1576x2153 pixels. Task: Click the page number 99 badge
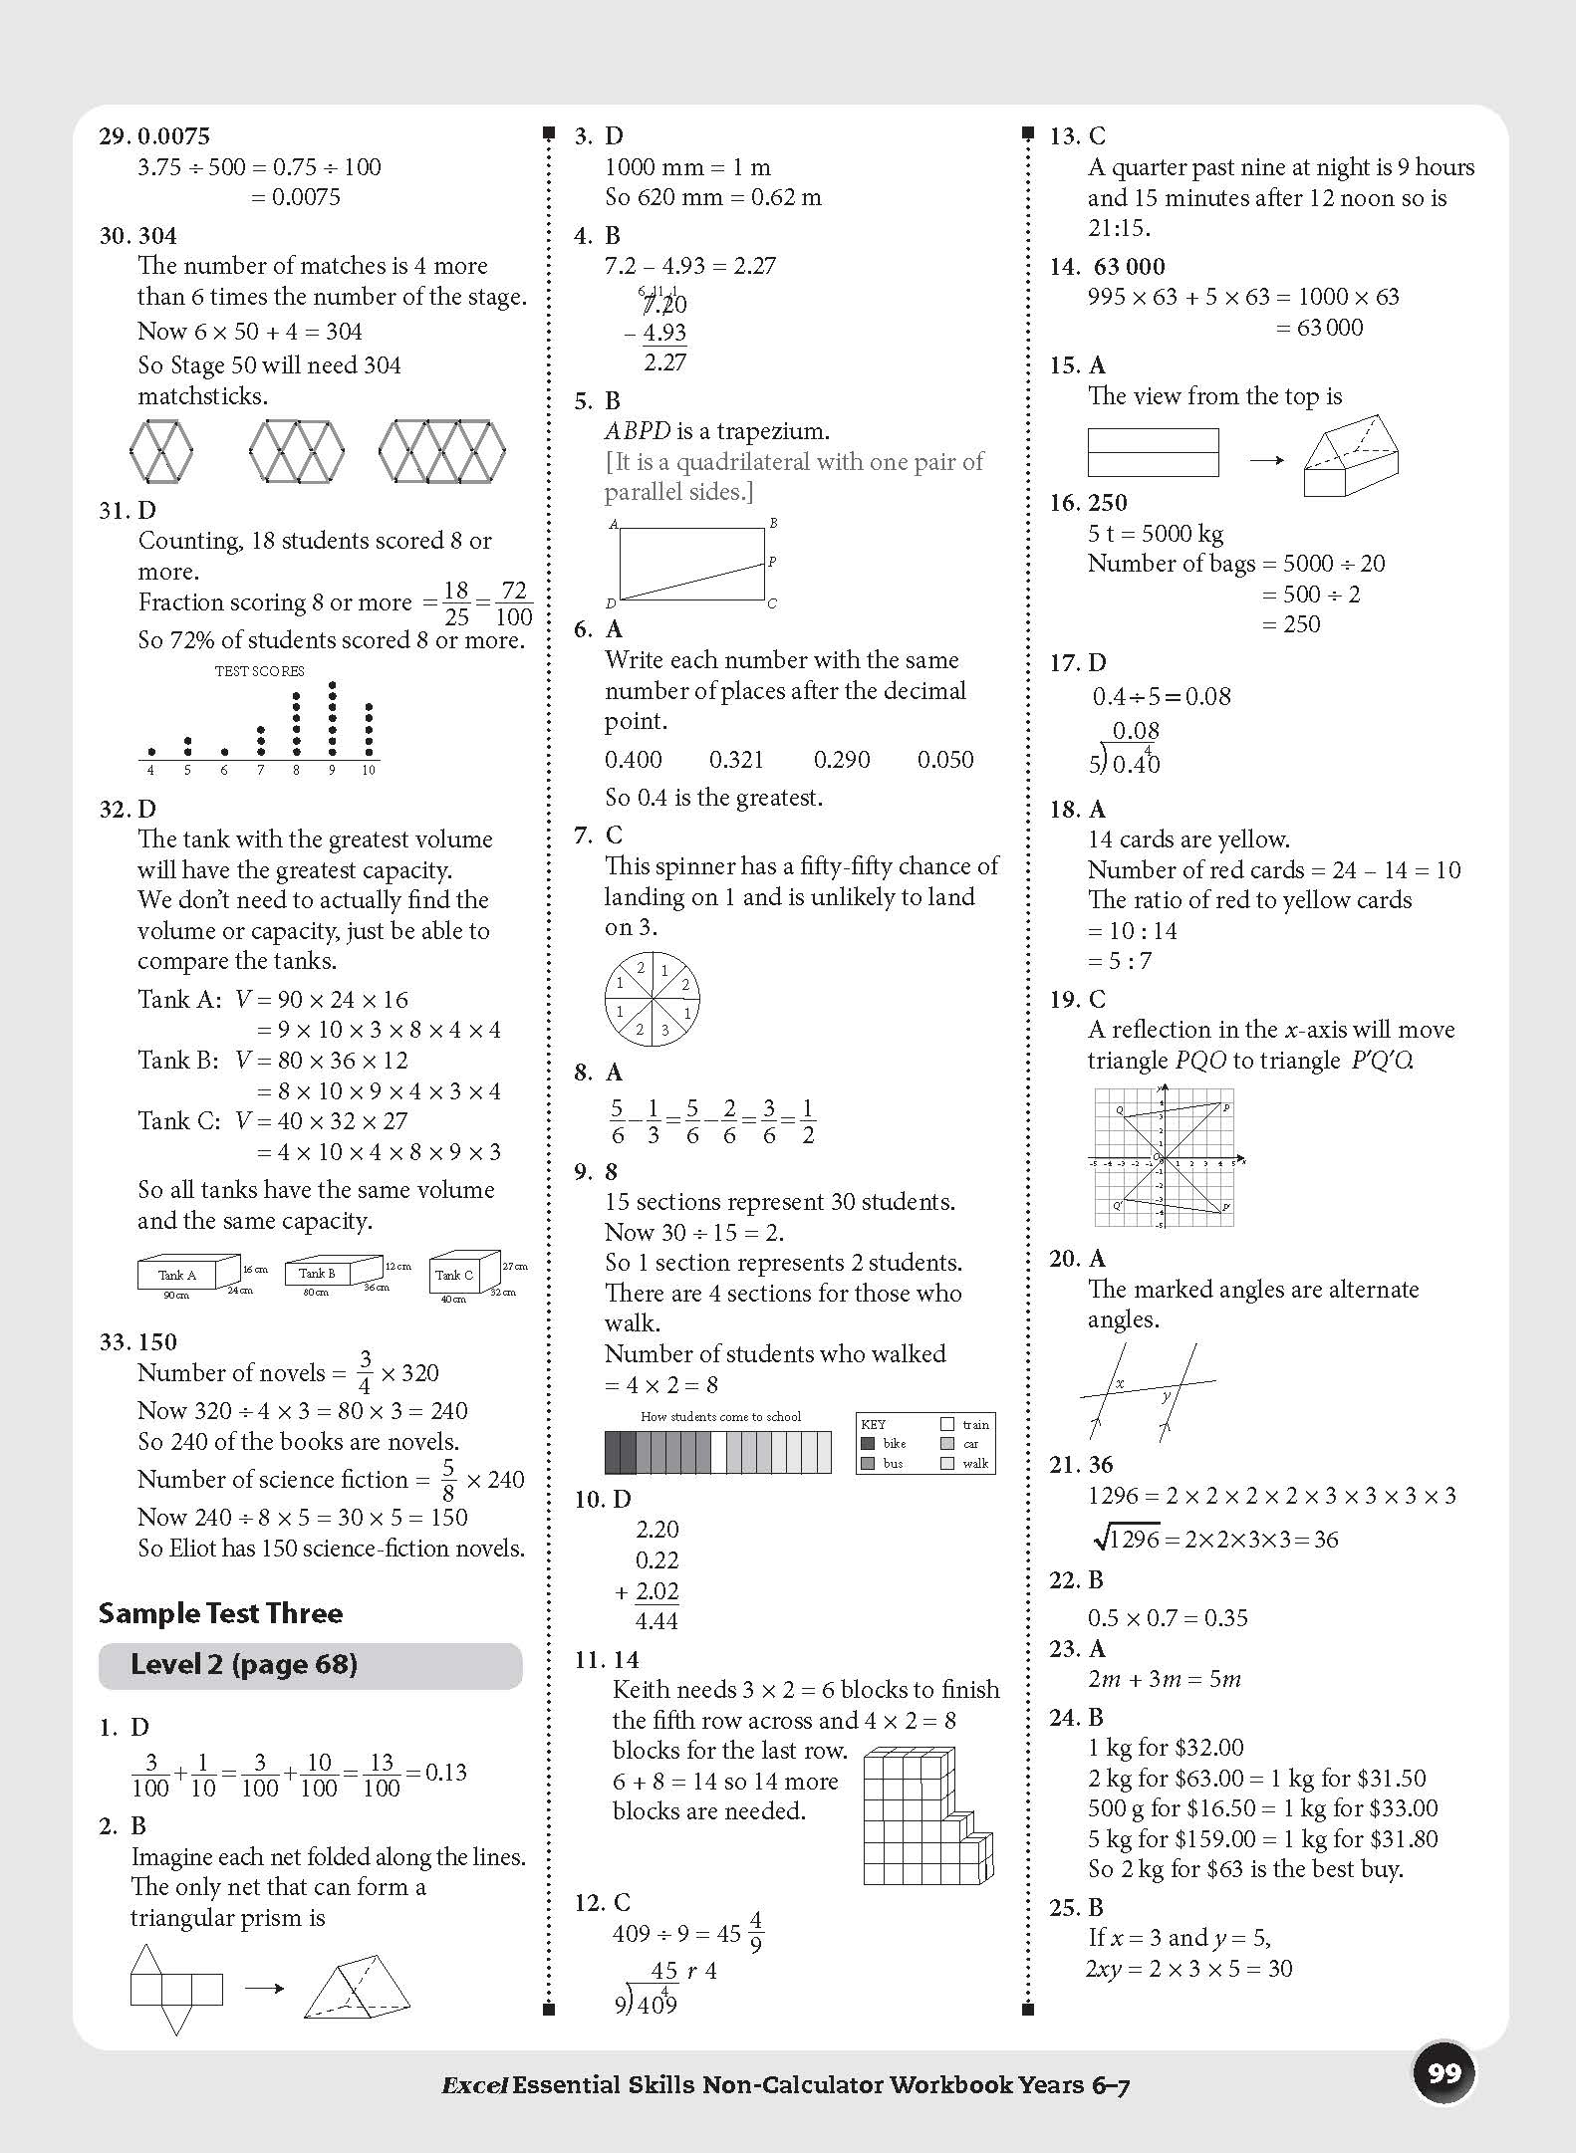1444,2073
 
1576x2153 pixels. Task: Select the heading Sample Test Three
220,1613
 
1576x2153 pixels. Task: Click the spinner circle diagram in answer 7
653,997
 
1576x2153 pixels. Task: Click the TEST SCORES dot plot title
259,671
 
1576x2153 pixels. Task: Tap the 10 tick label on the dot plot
369,770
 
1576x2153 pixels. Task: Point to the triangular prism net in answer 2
175,1990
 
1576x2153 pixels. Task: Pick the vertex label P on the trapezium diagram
772,562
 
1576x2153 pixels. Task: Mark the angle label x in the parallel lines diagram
1120,1383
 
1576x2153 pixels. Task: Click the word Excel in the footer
475,2085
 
